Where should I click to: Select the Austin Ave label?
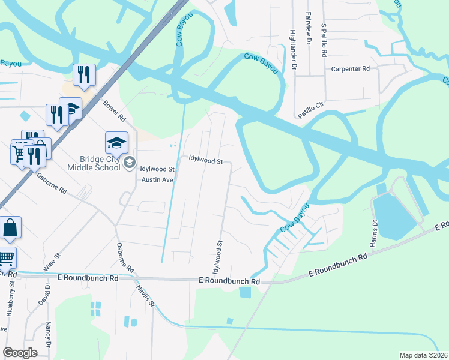pos(157,179)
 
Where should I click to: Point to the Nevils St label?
pos(148,295)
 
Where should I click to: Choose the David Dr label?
pos(44,293)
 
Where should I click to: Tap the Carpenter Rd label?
pos(351,69)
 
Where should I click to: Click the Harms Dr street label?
pos(375,230)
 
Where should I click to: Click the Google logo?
pos(20,353)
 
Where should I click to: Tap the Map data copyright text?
pos(423,355)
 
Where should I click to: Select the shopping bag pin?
pos(10,227)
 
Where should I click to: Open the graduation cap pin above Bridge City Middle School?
pos(116,143)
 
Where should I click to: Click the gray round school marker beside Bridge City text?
pos(129,163)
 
